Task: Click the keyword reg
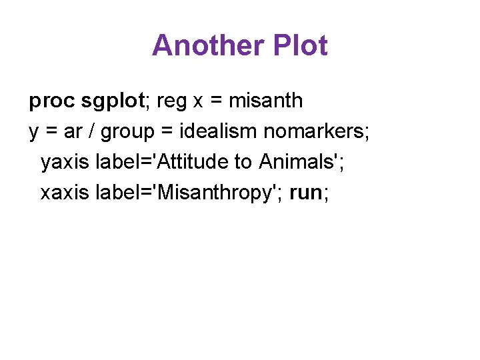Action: (x=172, y=101)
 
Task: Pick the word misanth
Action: (x=265, y=101)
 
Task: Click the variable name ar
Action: (x=73, y=132)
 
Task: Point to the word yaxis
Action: (x=65, y=162)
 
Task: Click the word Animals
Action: (x=301, y=162)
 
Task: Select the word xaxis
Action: (x=65, y=193)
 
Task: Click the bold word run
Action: (x=306, y=193)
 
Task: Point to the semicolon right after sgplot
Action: (x=149, y=102)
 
